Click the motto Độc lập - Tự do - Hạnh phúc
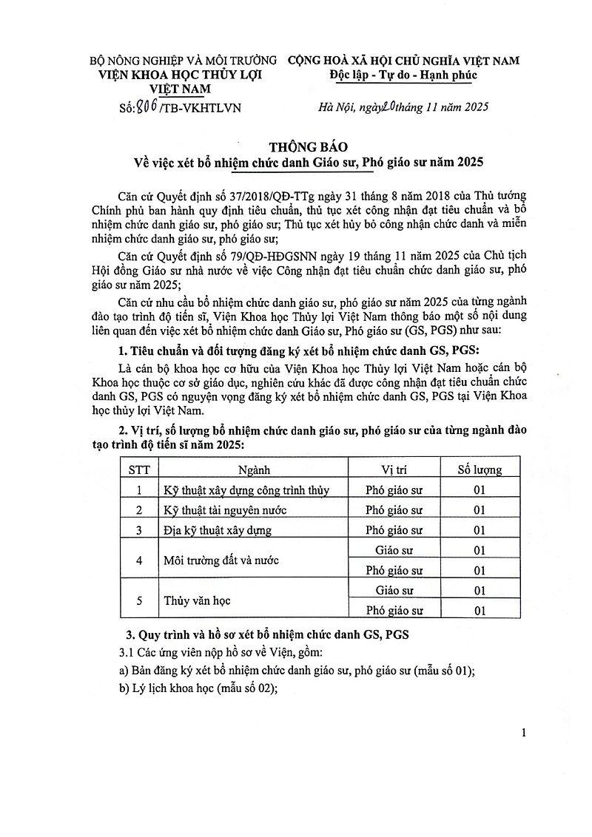click(x=403, y=75)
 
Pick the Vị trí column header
click(x=394, y=470)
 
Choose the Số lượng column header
click(x=480, y=470)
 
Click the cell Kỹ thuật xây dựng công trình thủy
click(x=246, y=489)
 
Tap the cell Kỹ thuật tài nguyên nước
click(x=224, y=510)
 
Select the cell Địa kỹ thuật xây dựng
click(x=217, y=530)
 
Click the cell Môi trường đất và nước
click(x=221, y=560)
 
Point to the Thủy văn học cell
click(x=197, y=600)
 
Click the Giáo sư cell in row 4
click(x=394, y=550)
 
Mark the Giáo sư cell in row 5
click(x=394, y=590)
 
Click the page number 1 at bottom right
click(x=524, y=733)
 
